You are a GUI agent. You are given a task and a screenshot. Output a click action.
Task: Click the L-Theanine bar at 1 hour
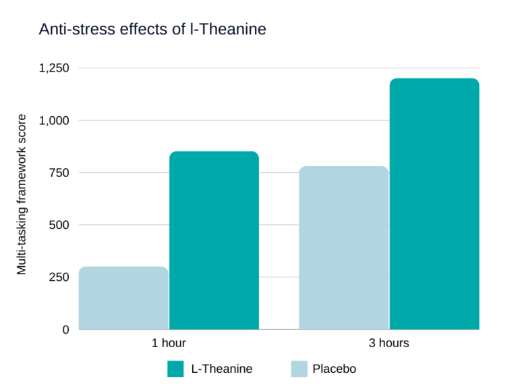214,240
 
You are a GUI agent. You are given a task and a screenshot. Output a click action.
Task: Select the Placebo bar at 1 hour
123,298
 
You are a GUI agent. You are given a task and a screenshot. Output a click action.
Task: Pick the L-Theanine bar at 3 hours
434,204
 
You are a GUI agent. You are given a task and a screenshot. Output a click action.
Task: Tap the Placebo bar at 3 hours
344,248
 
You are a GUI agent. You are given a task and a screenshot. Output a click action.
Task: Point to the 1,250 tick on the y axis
53,68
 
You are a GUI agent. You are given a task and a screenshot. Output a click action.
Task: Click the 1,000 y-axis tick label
53,120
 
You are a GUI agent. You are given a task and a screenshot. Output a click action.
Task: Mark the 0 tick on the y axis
65,330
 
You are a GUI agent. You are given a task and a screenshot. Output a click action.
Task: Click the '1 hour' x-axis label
169,343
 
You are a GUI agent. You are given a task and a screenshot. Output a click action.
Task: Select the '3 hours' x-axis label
388,343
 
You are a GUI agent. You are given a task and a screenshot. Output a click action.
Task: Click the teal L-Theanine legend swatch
175,369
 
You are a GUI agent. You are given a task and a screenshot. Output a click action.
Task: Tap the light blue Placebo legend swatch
299,369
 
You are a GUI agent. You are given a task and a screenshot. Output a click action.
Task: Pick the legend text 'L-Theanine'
222,369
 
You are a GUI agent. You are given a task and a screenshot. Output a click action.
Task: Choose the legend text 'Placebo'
334,369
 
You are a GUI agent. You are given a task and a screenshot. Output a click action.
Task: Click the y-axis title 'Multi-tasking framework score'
22,194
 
